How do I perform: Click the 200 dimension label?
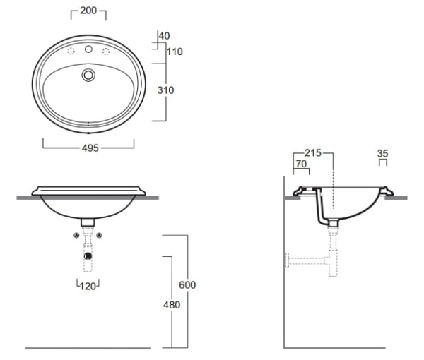click(x=88, y=11)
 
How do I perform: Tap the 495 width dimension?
click(x=90, y=148)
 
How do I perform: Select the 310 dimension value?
click(x=165, y=90)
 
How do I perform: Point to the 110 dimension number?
click(x=175, y=52)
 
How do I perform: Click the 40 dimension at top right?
click(x=165, y=36)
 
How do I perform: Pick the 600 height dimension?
click(x=187, y=285)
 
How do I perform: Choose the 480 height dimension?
click(x=172, y=305)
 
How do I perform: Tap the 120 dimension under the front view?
click(x=88, y=287)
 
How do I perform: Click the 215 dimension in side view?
click(x=313, y=153)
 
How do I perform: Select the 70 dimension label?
click(x=301, y=164)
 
